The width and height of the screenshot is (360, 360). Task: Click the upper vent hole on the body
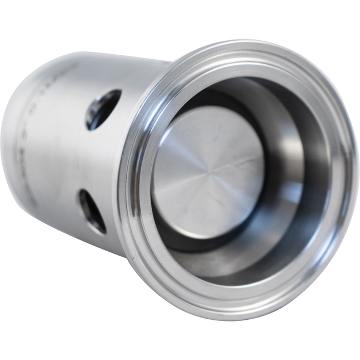click(103, 109)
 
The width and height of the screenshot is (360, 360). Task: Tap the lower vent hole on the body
click(92, 211)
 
